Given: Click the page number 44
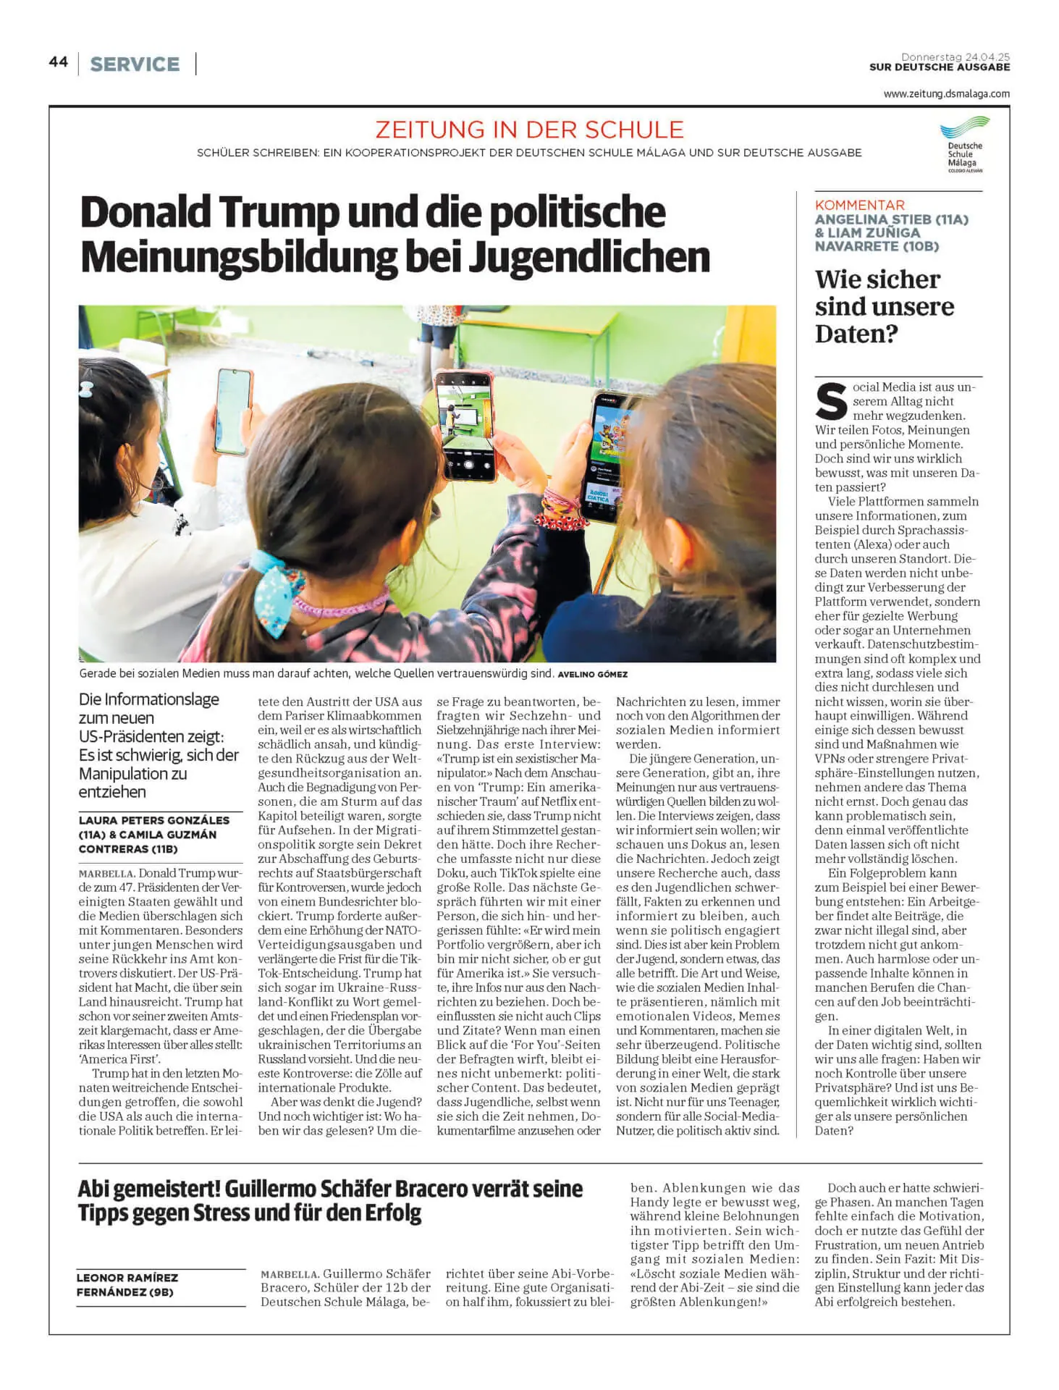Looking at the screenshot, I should click(x=58, y=62).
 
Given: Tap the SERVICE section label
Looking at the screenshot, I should click(x=135, y=64).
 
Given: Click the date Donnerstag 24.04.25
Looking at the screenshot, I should click(x=955, y=56).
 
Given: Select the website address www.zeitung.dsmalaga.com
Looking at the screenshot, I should click(x=946, y=93).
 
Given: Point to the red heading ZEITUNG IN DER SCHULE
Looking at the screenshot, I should click(x=529, y=130).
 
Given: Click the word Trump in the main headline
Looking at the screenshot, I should click(x=279, y=213).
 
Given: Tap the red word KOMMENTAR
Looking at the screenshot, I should click(x=859, y=205).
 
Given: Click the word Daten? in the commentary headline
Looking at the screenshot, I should click(x=856, y=334).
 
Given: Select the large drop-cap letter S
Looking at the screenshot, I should click(x=831, y=403).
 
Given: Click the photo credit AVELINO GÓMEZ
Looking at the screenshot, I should click(x=592, y=674).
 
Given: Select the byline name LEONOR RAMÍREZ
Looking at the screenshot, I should click(x=127, y=1278).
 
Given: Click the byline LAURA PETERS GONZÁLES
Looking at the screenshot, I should click(x=153, y=820).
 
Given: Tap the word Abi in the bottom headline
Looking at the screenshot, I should click(x=98, y=1189).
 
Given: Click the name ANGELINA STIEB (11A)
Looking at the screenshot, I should click(x=891, y=219).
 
